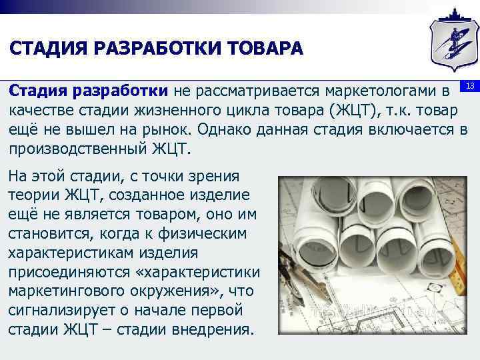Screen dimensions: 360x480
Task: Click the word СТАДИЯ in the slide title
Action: tap(45, 50)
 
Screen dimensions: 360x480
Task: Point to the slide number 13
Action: tap(469, 87)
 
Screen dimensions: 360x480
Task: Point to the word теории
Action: tap(33, 195)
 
